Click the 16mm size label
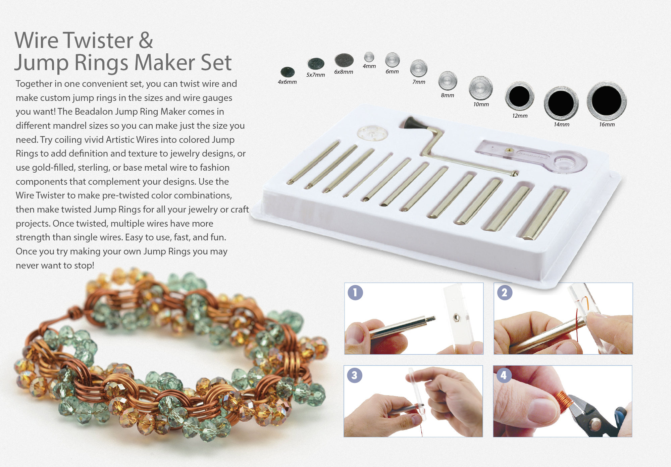[x=607, y=124]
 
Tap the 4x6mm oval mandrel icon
[x=288, y=72]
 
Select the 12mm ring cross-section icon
[x=519, y=96]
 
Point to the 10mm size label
[x=481, y=104]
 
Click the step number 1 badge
[x=355, y=292]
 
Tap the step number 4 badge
[x=504, y=375]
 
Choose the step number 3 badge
[x=355, y=375]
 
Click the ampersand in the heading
[x=146, y=41]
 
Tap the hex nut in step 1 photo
[x=456, y=316]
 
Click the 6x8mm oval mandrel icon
[x=344, y=60]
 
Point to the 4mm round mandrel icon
[x=369, y=57]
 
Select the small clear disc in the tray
[x=372, y=133]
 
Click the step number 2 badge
[x=504, y=292]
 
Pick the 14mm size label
[x=561, y=124]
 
